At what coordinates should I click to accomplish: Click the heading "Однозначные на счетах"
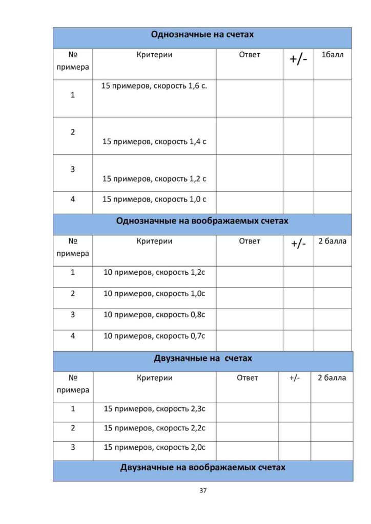[x=202, y=35]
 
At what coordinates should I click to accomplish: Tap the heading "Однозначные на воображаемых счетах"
[x=202, y=221]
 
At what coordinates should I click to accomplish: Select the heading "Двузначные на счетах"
[x=203, y=358]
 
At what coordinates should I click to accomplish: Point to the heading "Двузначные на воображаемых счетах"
[x=203, y=467]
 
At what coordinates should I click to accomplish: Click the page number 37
[x=203, y=490]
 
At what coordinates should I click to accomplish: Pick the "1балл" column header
[x=333, y=55]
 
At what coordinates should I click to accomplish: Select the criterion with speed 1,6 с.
[x=154, y=86]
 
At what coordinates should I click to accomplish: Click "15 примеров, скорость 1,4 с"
[x=154, y=141]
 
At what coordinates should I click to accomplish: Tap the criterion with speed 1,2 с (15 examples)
[x=154, y=179]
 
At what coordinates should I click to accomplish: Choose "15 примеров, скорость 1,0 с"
[x=154, y=199]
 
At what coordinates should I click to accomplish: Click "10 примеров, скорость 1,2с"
[x=154, y=272]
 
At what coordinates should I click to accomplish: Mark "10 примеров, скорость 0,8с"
[x=154, y=315]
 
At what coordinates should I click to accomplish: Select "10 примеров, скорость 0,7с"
[x=154, y=336]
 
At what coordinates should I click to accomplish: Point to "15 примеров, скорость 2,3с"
[x=154, y=409]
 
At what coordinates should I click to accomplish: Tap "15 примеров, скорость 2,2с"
[x=154, y=428]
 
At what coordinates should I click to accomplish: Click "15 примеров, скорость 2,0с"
[x=154, y=447]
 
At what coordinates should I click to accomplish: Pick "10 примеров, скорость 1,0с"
[x=154, y=294]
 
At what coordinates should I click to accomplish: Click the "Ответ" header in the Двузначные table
[x=248, y=378]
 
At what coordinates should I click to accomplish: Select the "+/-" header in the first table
[x=298, y=58]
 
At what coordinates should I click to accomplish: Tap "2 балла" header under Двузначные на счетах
[x=332, y=378]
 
